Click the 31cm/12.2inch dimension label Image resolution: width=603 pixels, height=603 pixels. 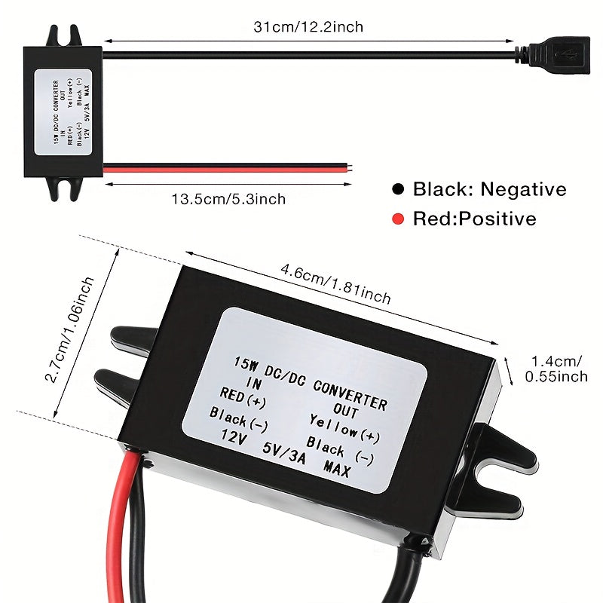(308, 27)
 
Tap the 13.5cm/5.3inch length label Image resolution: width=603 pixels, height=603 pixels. (228, 199)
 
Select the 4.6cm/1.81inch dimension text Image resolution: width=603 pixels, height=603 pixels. (335, 283)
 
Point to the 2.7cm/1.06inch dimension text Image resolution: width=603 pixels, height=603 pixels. (69, 329)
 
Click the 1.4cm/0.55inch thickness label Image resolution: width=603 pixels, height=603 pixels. (556, 369)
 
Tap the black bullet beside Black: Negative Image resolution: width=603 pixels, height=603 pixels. (398, 189)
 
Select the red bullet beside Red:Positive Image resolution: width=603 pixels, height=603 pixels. (398, 219)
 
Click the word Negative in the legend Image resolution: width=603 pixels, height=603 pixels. (523, 189)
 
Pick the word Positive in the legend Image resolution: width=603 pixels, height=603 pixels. (497, 219)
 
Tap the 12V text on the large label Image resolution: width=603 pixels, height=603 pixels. (234, 436)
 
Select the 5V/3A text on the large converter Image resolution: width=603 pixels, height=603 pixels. (284, 453)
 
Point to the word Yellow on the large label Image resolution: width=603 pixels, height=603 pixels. (334, 426)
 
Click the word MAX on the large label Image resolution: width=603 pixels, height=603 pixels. (337, 469)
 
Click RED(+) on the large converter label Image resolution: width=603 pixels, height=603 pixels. (243, 398)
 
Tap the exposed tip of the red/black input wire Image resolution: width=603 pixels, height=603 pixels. (350, 167)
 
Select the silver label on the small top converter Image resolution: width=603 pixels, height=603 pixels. (63, 112)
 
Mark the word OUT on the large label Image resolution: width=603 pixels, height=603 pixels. (346, 411)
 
